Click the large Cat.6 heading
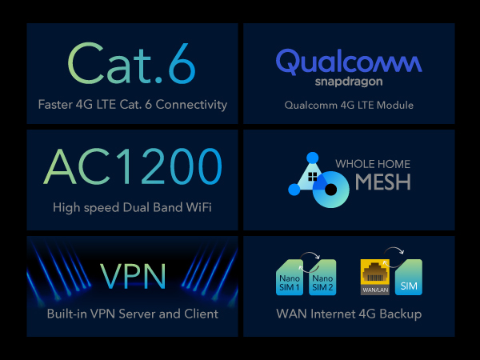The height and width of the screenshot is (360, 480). (132, 63)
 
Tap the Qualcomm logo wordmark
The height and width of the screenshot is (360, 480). (349, 62)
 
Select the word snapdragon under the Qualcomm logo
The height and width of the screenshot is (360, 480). (349, 82)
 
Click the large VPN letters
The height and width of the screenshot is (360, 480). (133, 276)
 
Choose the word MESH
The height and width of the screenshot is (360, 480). (383, 182)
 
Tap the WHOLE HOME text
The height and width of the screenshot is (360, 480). (373, 164)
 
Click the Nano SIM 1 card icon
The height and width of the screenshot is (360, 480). (290, 278)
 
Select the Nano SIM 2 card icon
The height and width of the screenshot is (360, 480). (322, 278)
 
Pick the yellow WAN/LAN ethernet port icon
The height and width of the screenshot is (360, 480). (375, 277)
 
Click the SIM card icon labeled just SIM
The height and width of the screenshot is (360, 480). (409, 278)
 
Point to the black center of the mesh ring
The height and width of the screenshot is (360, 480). (330, 190)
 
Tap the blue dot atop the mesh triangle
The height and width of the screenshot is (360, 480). (313, 158)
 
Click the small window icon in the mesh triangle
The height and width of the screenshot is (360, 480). (313, 177)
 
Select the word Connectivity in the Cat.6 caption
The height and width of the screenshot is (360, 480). (191, 105)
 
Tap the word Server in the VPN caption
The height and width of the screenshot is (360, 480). (137, 314)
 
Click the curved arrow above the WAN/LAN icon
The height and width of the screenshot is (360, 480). (395, 248)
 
